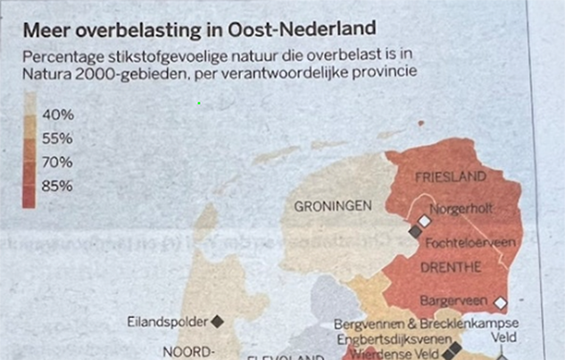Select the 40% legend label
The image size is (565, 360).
point(58,115)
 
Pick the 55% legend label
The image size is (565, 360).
point(58,138)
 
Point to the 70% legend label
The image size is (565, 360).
point(58,163)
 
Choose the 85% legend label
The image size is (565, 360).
point(58,186)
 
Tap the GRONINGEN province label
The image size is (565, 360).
point(332,206)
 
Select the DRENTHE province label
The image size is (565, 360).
point(453,266)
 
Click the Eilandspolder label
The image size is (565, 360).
point(168,320)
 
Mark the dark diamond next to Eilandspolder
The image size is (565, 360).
point(217,320)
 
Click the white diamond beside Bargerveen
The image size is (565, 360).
point(501,302)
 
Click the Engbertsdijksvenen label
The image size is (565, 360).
point(390,340)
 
